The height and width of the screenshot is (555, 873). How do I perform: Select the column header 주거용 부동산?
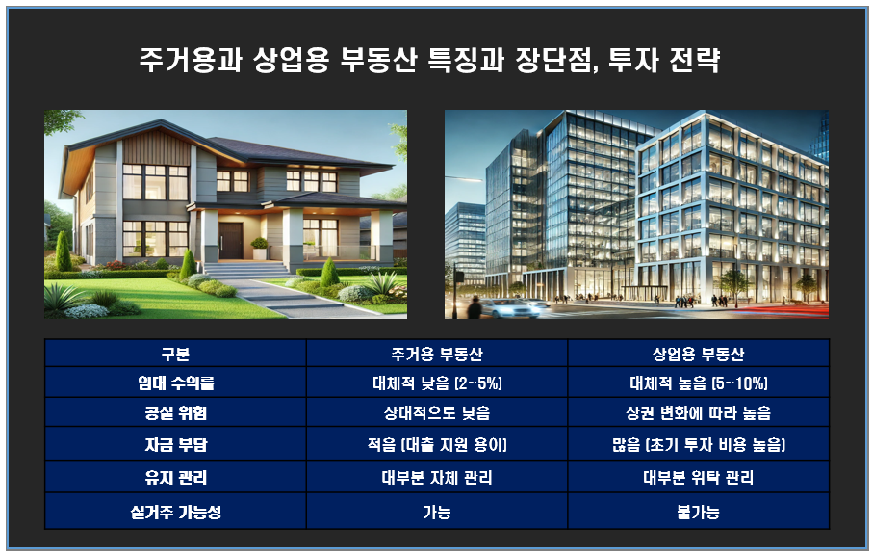[x=437, y=353]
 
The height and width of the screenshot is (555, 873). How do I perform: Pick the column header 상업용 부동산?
[x=698, y=353]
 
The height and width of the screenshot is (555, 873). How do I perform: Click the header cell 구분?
[x=175, y=353]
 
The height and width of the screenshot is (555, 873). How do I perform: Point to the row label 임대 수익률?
[x=175, y=383]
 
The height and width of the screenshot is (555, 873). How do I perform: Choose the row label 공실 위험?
[x=175, y=413]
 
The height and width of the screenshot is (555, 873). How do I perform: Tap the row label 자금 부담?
[x=175, y=445]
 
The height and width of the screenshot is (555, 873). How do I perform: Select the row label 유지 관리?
[x=175, y=477]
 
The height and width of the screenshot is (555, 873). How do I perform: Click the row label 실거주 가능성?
[x=175, y=512]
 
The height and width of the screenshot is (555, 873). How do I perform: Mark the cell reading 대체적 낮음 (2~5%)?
[x=437, y=383]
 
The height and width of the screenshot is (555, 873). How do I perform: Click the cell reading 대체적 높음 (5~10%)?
[x=698, y=383]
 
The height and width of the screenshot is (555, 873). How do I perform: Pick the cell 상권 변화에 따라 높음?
[x=698, y=413]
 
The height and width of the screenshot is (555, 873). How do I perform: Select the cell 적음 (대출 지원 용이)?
[x=437, y=445]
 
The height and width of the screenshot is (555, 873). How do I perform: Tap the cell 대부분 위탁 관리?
[x=698, y=477]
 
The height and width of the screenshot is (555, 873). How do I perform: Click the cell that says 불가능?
[x=698, y=512]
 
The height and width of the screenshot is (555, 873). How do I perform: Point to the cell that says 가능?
[x=437, y=512]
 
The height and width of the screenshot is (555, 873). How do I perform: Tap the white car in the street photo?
[x=507, y=307]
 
